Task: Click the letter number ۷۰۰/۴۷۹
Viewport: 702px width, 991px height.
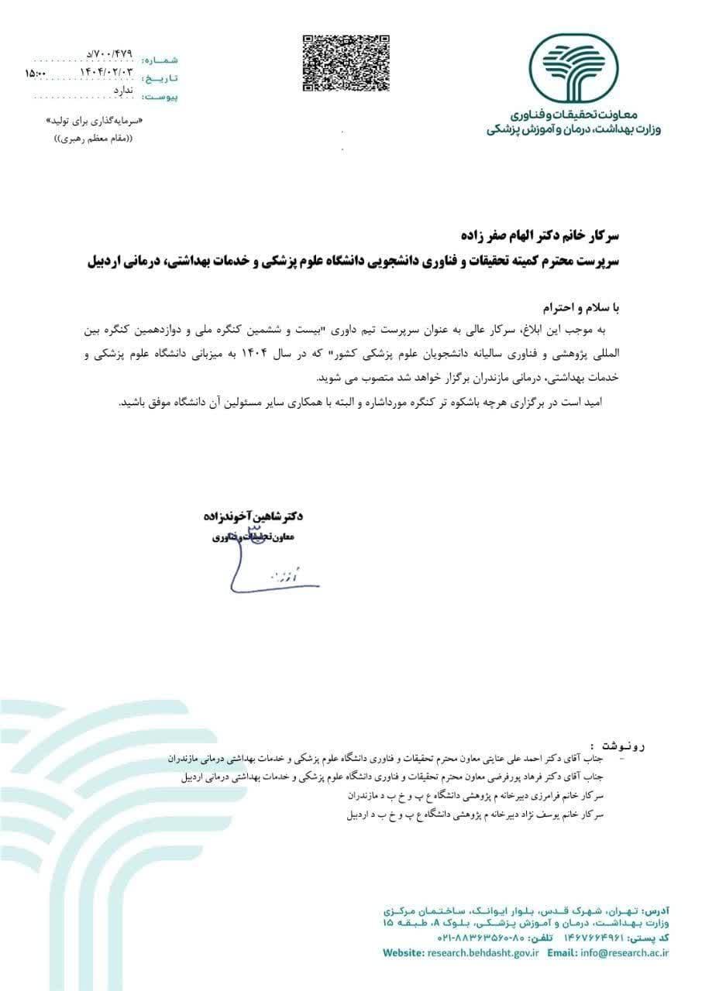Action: [112, 53]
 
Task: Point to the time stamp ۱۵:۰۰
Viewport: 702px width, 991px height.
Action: [36, 73]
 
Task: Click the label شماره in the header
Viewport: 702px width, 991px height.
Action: [160, 59]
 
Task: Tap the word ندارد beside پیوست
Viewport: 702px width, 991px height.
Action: [124, 91]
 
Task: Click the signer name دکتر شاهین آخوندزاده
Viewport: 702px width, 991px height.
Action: [254, 515]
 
